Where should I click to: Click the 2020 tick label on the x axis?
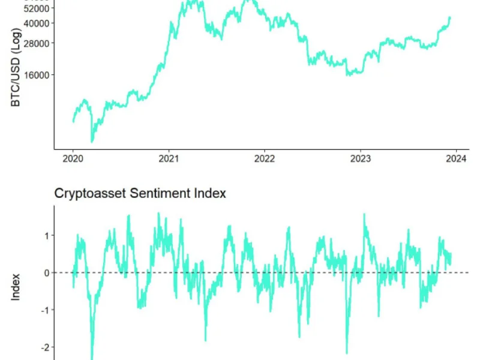(73, 159)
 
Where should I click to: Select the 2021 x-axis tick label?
(169, 159)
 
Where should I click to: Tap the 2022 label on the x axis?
(265, 159)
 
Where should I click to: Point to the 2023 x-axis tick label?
(360, 159)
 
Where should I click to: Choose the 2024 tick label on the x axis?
(456, 159)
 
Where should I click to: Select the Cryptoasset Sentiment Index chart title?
(140, 193)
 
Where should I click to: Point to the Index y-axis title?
(16, 286)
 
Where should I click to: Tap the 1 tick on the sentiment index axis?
(46, 235)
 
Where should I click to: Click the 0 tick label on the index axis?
(46, 272)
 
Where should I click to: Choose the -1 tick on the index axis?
(44, 310)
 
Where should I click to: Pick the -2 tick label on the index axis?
(44, 347)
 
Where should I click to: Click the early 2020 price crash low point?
(92, 142)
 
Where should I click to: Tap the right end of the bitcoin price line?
(450, 17)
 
